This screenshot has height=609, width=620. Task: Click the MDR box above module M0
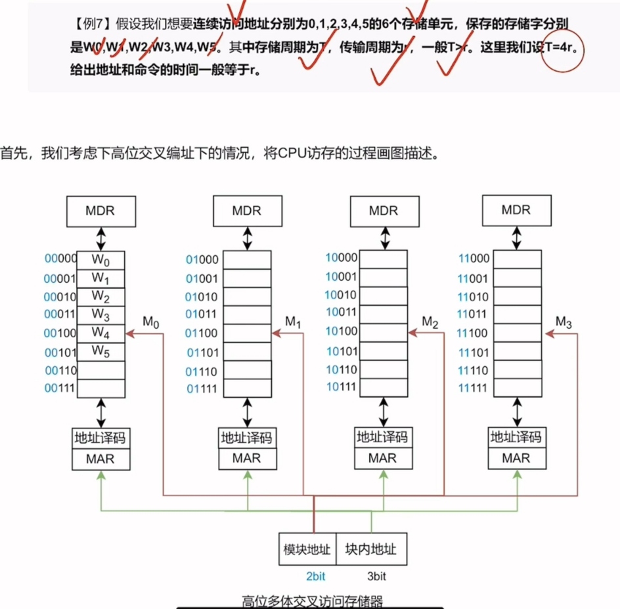(x=100, y=211)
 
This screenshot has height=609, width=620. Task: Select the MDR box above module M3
(x=516, y=211)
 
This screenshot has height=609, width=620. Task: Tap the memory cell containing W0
(x=100, y=260)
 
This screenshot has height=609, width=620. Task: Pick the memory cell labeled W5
(x=100, y=351)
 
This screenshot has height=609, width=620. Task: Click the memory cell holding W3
(x=100, y=315)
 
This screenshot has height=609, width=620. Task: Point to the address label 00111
(x=60, y=388)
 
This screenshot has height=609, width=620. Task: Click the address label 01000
(x=202, y=260)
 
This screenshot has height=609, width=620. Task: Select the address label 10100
(x=342, y=331)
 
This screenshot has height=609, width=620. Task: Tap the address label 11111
(x=473, y=388)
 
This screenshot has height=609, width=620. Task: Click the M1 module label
(x=293, y=322)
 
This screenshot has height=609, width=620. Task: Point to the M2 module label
(x=430, y=322)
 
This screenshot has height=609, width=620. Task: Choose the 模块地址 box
(x=307, y=549)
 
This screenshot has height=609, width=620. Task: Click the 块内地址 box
(x=371, y=549)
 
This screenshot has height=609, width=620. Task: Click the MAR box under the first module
(x=100, y=459)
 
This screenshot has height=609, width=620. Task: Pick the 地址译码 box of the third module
(x=382, y=437)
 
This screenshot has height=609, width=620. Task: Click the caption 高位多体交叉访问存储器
(x=312, y=600)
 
